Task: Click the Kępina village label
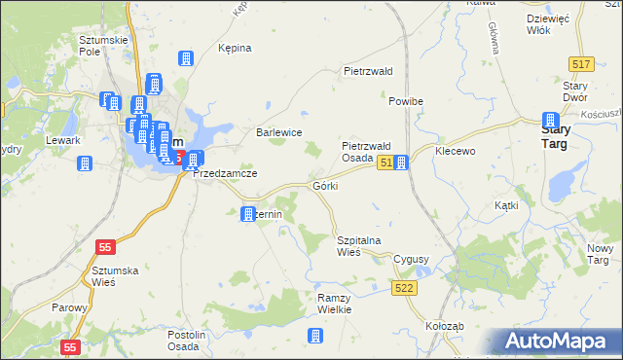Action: (235, 48)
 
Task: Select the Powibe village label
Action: (405, 102)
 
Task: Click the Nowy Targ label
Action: (598, 254)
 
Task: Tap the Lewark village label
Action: (62, 140)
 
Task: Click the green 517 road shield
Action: (581, 63)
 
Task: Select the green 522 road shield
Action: (406, 288)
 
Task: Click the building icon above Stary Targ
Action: (550, 120)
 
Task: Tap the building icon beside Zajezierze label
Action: (248, 213)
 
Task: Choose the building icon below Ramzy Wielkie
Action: (314, 337)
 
